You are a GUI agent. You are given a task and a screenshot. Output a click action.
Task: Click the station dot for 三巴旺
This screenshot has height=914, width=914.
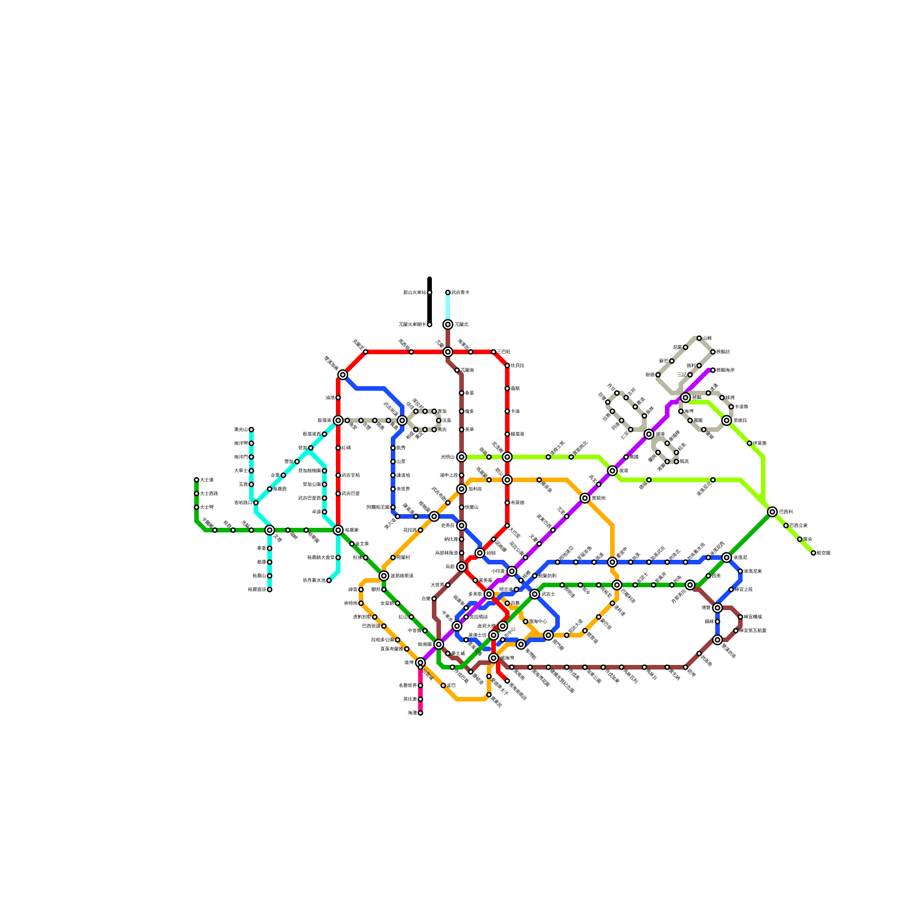[x=494, y=352]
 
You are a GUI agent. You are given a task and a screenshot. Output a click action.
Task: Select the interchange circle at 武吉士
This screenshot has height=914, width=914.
[x=535, y=594]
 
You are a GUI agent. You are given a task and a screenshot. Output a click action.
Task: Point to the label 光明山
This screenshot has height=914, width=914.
[x=447, y=457]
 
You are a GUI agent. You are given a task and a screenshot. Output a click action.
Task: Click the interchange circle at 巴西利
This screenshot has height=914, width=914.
[x=772, y=512]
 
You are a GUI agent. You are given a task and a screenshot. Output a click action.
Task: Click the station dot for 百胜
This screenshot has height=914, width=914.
[x=507, y=603]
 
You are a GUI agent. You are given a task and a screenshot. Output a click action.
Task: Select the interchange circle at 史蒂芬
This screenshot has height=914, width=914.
[x=462, y=526]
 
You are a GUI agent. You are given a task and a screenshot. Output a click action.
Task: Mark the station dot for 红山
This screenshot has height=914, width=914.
[x=411, y=617]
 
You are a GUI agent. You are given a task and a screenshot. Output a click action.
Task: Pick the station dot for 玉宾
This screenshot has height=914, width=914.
[x=251, y=484]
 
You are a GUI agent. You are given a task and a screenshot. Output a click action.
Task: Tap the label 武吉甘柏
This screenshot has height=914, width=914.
[x=351, y=475]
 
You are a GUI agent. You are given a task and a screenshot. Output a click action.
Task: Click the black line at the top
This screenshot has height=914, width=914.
[x=430, y=303]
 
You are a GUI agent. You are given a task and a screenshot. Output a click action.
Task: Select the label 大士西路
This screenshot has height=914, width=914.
[x=209, y=494]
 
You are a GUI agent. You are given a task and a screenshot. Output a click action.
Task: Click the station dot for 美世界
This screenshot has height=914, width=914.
[x=393, y=489]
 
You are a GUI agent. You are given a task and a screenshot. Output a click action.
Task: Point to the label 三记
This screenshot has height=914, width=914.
[x=681, y=375]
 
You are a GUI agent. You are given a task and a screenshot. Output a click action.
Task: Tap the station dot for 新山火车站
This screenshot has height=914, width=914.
[x=430, y=292]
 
